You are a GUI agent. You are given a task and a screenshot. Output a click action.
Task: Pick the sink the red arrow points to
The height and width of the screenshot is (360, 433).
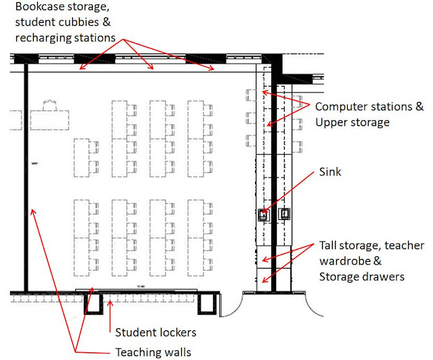(x=263, y=215)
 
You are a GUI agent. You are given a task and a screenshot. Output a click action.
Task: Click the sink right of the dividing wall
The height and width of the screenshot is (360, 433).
(x=285, y=215)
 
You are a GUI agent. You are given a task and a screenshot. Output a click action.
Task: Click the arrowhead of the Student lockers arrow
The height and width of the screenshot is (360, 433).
(x=103, y=296)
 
